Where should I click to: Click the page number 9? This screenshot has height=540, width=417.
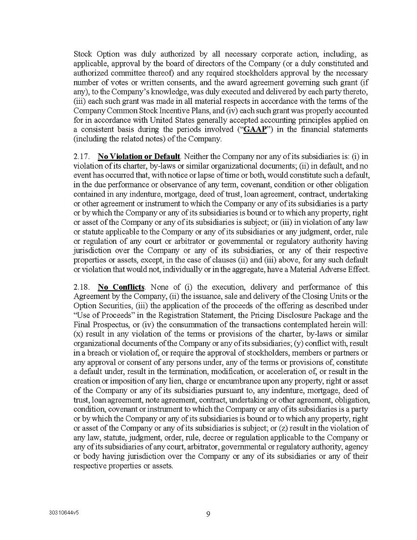point(208,513)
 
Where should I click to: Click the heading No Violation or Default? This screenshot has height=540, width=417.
point(139,157)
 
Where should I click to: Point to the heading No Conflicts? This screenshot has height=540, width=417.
point(121,287)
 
